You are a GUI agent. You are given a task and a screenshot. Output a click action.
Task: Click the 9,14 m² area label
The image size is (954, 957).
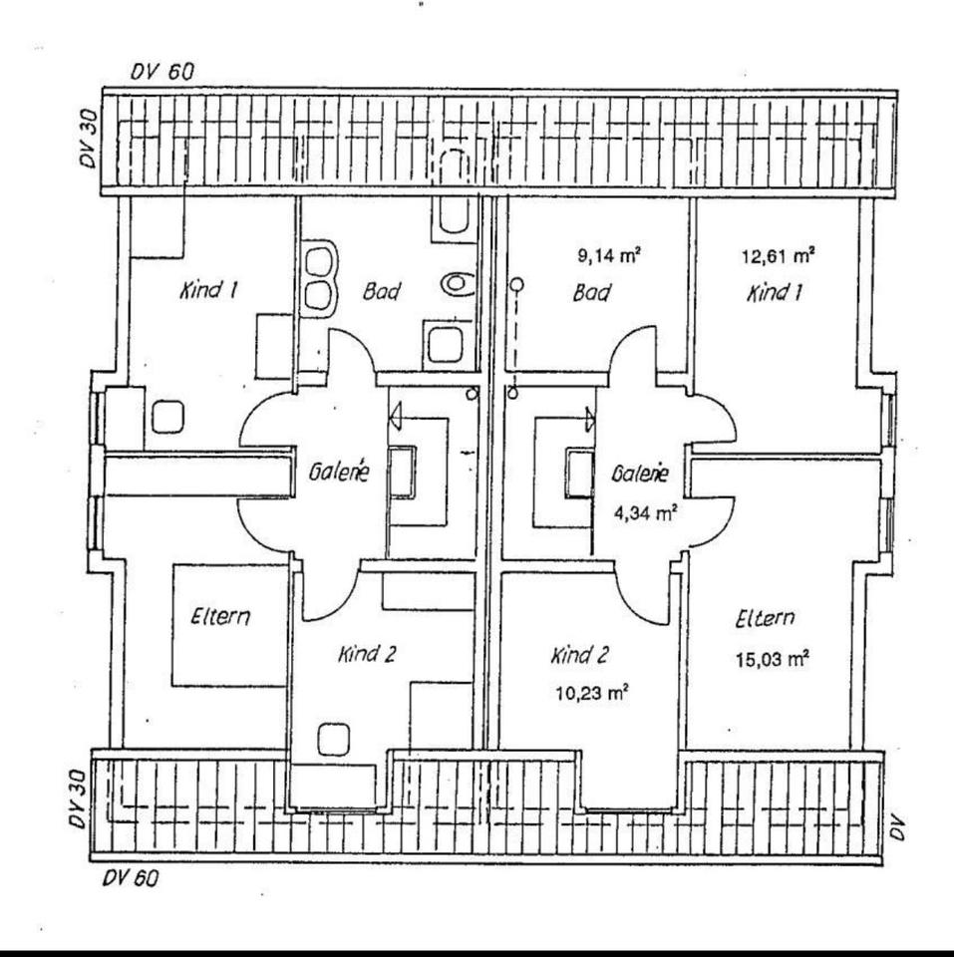(607, 254)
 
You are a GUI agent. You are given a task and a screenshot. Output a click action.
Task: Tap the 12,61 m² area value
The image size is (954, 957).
(778, 254)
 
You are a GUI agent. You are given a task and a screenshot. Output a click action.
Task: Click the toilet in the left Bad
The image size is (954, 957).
(458, 282)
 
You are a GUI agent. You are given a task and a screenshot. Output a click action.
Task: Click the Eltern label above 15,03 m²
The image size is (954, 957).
(765, 619)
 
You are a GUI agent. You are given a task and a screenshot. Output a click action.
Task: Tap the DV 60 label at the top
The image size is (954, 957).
(162, 74)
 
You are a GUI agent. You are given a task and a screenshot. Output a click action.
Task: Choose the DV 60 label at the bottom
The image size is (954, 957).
(130, 878)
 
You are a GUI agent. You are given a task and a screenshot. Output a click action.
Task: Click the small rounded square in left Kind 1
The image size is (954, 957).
(166, 416)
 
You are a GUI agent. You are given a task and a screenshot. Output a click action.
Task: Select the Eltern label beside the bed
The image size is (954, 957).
(220, 617)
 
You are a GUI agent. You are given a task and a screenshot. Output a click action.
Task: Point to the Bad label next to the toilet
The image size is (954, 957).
(382, 292)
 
